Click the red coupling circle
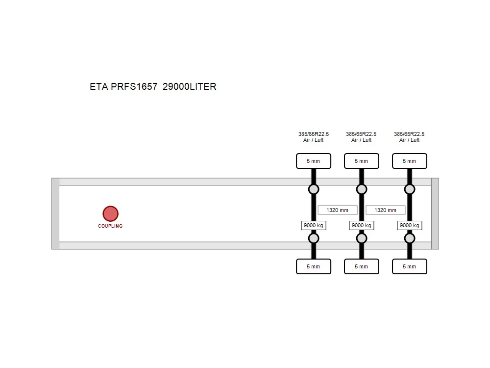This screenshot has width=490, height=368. tap(110, 214)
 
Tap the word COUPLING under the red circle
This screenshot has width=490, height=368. tap(110, 226)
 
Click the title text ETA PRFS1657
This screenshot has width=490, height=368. tap(123, 86)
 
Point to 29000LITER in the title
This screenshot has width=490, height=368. tap(189, 86)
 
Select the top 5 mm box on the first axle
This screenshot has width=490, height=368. tap(314, 161)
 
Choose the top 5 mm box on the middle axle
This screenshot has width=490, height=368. tap(362, 161)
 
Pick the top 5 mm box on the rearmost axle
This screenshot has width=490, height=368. tap(409, 161)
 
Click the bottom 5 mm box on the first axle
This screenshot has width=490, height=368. tap(314, 266)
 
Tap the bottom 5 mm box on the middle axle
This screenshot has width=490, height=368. tap(362, 266)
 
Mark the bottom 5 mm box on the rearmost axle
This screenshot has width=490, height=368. tap(409, 266)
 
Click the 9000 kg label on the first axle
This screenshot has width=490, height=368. tap(314, 225)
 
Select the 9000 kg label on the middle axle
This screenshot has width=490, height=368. tap(362, 225)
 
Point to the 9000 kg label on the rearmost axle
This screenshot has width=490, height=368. tap(409, 225)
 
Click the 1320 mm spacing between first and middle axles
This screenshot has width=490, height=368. tap(338, 210)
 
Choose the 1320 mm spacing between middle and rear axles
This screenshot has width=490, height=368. tap(385, 210)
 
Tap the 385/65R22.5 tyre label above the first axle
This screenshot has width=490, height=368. tap(314, 134)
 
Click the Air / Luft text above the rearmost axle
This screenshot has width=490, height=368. tap(409, 140)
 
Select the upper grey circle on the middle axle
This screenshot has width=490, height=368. tap(362, 189)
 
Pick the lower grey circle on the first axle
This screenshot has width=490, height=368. tap(314, 238)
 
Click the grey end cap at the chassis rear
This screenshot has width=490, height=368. tap(435, 214)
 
